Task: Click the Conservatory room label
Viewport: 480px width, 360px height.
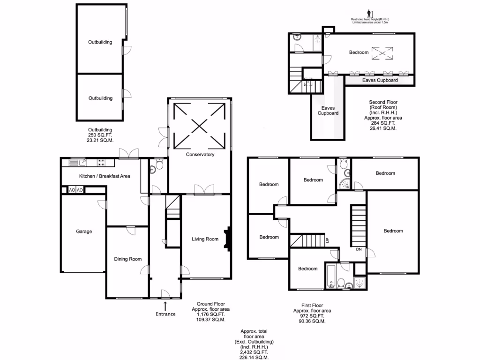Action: click(x=200, y=155)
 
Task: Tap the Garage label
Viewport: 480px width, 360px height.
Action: click(x=84, y=232)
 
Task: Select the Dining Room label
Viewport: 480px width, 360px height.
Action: click(x=128, y=259)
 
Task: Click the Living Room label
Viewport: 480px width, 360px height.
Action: click(x=205, y=239)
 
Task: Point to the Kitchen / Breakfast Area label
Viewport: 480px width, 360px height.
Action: click(x=104, y=176)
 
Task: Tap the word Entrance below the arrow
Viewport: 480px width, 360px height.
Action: click(x=165, y=314)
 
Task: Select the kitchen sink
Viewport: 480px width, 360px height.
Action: click(x=78, y=163)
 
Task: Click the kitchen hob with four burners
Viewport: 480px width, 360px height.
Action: click(x=101, y=163)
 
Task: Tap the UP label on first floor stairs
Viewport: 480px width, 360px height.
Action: click(x=327, y=241)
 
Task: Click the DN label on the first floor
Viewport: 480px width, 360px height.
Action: click(x=359, y=249)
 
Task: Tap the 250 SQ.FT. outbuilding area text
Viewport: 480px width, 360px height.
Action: click(x=100, y=135)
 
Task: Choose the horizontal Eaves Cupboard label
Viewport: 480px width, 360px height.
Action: click(x=380, y=81)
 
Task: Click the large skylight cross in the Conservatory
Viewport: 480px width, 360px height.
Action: click(x=200, y=125)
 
